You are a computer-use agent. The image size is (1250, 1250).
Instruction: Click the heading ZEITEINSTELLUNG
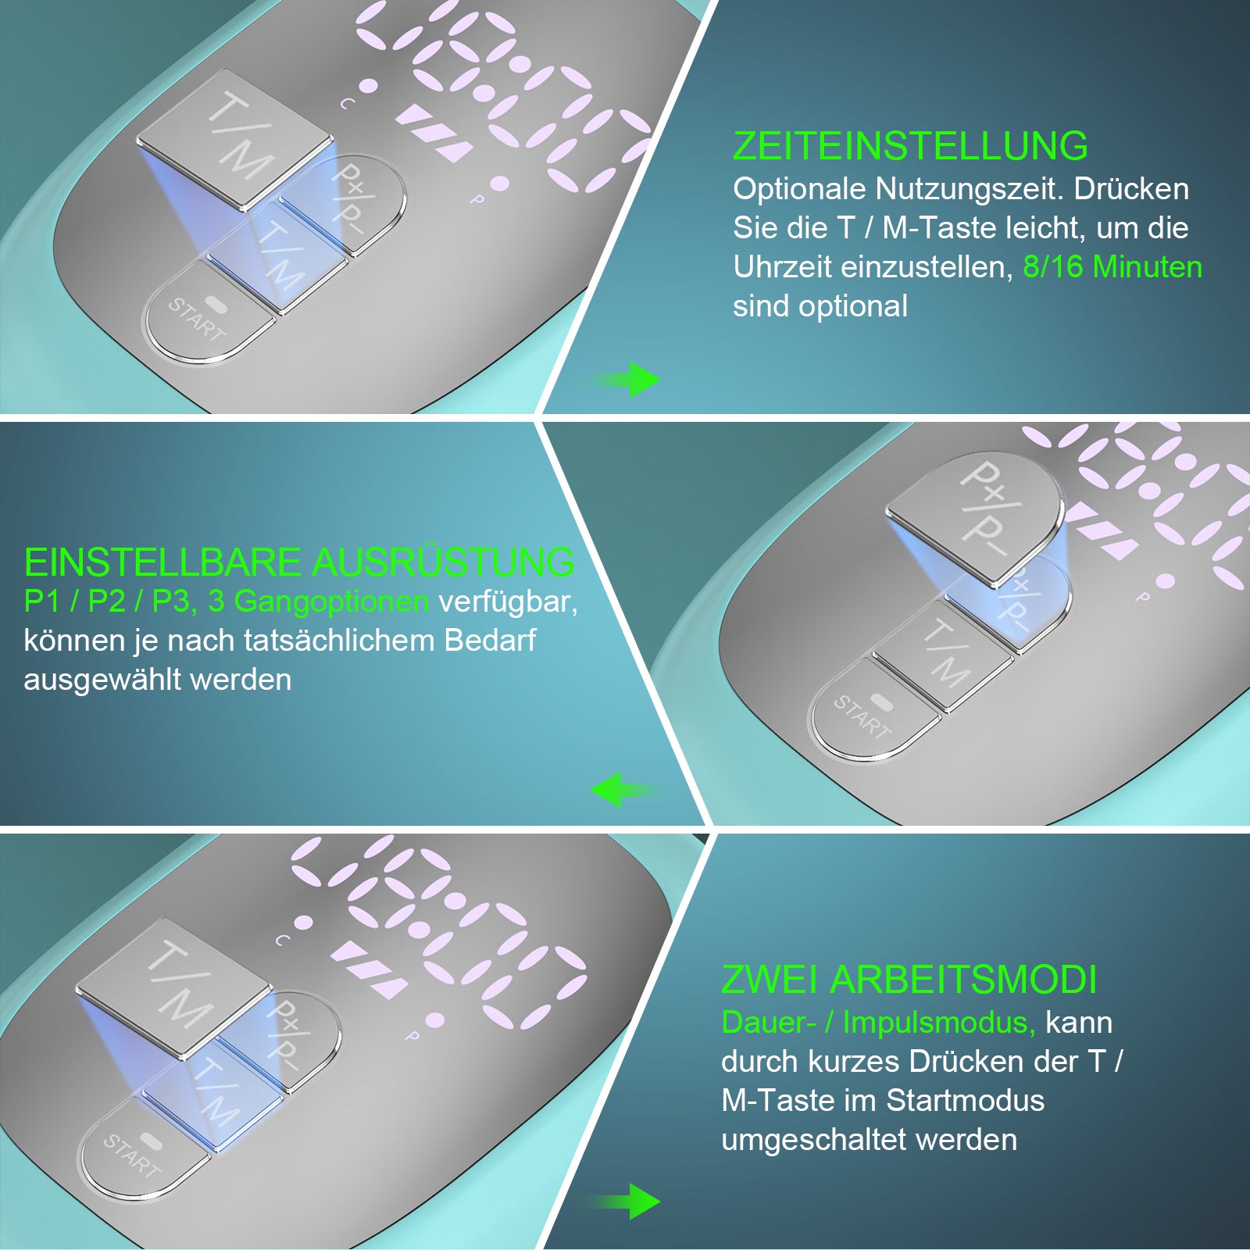(910, 146)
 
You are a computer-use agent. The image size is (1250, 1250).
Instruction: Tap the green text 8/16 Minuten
(1112, 267)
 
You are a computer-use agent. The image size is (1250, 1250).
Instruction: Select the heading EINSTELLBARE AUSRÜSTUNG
(299, 562)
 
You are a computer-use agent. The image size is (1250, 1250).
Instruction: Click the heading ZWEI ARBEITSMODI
(909, 980)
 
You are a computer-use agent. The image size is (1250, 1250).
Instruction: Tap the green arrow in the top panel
(625, 380)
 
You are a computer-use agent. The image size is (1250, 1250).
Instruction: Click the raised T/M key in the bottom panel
(175, 987)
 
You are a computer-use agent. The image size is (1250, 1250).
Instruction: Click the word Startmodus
(965, 1100)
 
